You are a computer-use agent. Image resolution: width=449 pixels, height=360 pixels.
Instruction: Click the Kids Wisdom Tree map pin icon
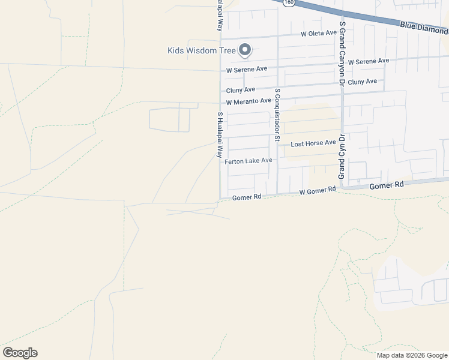click(x=245, y=50)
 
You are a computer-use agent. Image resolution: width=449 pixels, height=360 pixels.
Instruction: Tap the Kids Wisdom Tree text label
click(x=202, y=50)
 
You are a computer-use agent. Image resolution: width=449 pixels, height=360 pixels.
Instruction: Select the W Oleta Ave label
click(x=319, y=33)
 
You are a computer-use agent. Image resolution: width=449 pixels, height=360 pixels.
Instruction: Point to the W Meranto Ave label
click(x=249, y=101)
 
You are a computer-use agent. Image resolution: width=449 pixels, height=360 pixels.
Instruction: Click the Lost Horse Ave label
click(x=313, y=143)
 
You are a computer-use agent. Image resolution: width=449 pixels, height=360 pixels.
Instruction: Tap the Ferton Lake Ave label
click(x=249, y=161)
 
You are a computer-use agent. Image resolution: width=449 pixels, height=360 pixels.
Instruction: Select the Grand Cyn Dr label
click(x=341, y=157)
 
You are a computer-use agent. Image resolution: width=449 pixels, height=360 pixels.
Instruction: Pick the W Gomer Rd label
click(x=318, y=190)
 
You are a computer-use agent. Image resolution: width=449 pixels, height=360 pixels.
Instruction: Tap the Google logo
click(x=20, y=353)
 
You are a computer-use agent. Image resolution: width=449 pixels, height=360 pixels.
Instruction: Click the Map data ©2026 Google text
click(x=411, y=355)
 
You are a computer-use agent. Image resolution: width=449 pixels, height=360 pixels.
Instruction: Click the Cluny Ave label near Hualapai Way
click(x=241, y=91)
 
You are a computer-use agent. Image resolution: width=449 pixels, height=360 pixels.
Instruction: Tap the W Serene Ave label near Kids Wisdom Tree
click(x=247, y=70)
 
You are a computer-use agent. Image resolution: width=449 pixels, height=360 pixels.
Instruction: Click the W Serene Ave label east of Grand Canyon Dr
click(x=369, y=61)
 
